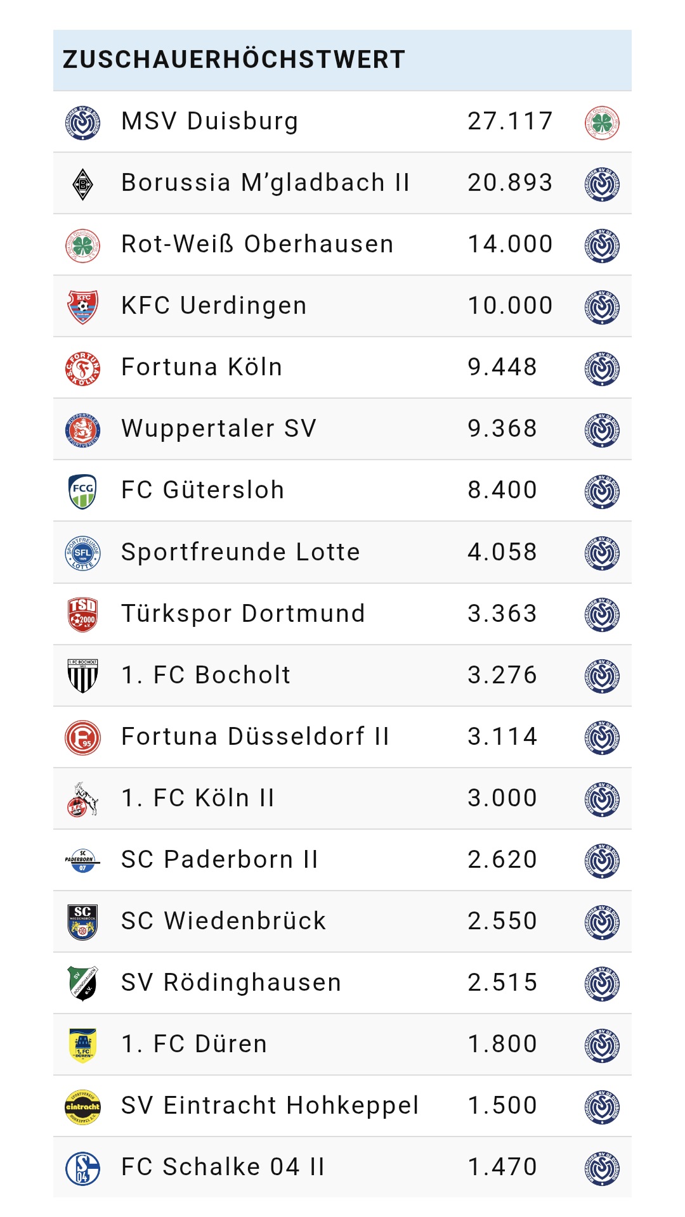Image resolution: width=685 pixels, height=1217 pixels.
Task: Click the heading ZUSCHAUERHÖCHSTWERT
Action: pyautogui.click(x=233, y=60)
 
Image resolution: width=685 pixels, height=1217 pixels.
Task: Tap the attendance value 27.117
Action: pyautogui.click(x=510, y=121)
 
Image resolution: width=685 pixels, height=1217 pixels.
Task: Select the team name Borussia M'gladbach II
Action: pyautogui.click(x=265, y=183)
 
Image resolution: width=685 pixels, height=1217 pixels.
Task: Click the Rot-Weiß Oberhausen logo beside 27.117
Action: pyautogui.click(x=602, y=122)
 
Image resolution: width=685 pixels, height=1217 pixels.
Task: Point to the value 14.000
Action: pyautogui.click(x=510, y=244)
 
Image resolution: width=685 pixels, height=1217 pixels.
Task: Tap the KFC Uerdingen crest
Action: pyautogui.click(x=83, y=306)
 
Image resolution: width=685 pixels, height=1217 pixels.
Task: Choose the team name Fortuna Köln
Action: pyautogui.click(x=202, y=367)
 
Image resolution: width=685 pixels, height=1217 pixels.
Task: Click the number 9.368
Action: pyautogui.click(x=502, y=428)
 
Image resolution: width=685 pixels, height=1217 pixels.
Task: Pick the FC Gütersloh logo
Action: pyautogui.click(x=83, y=491)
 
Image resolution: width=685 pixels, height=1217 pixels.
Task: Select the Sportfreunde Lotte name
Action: pyautogui.click(x=240, y=552)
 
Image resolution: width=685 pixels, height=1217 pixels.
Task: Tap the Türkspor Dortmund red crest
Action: pyautogui.click(x=83, y=614)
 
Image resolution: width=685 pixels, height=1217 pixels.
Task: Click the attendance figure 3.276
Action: pyautogui.click(x=502, y=675)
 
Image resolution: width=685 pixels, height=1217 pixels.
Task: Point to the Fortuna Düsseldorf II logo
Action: pyautogui.click(x=83, y=737)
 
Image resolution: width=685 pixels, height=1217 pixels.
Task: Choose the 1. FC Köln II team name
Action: pyautogui.click(x=198, y=798)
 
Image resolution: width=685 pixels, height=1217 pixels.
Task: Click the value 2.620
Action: pyautogui.click(x=502, y=860)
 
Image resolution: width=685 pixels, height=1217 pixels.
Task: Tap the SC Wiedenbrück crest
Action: pyautogui.click(x=83, y=922)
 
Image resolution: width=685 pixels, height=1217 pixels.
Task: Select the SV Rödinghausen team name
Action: pyautogui.click(x=231, y=982)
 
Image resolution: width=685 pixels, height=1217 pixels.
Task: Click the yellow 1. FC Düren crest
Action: pyautogui.click(x=83, y=1045)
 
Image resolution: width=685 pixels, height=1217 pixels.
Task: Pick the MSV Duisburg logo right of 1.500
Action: pyautogui.click(x=602, y=1106)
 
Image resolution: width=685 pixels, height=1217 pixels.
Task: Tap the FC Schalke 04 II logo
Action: pyautogui.click(x=83, y=1168)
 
